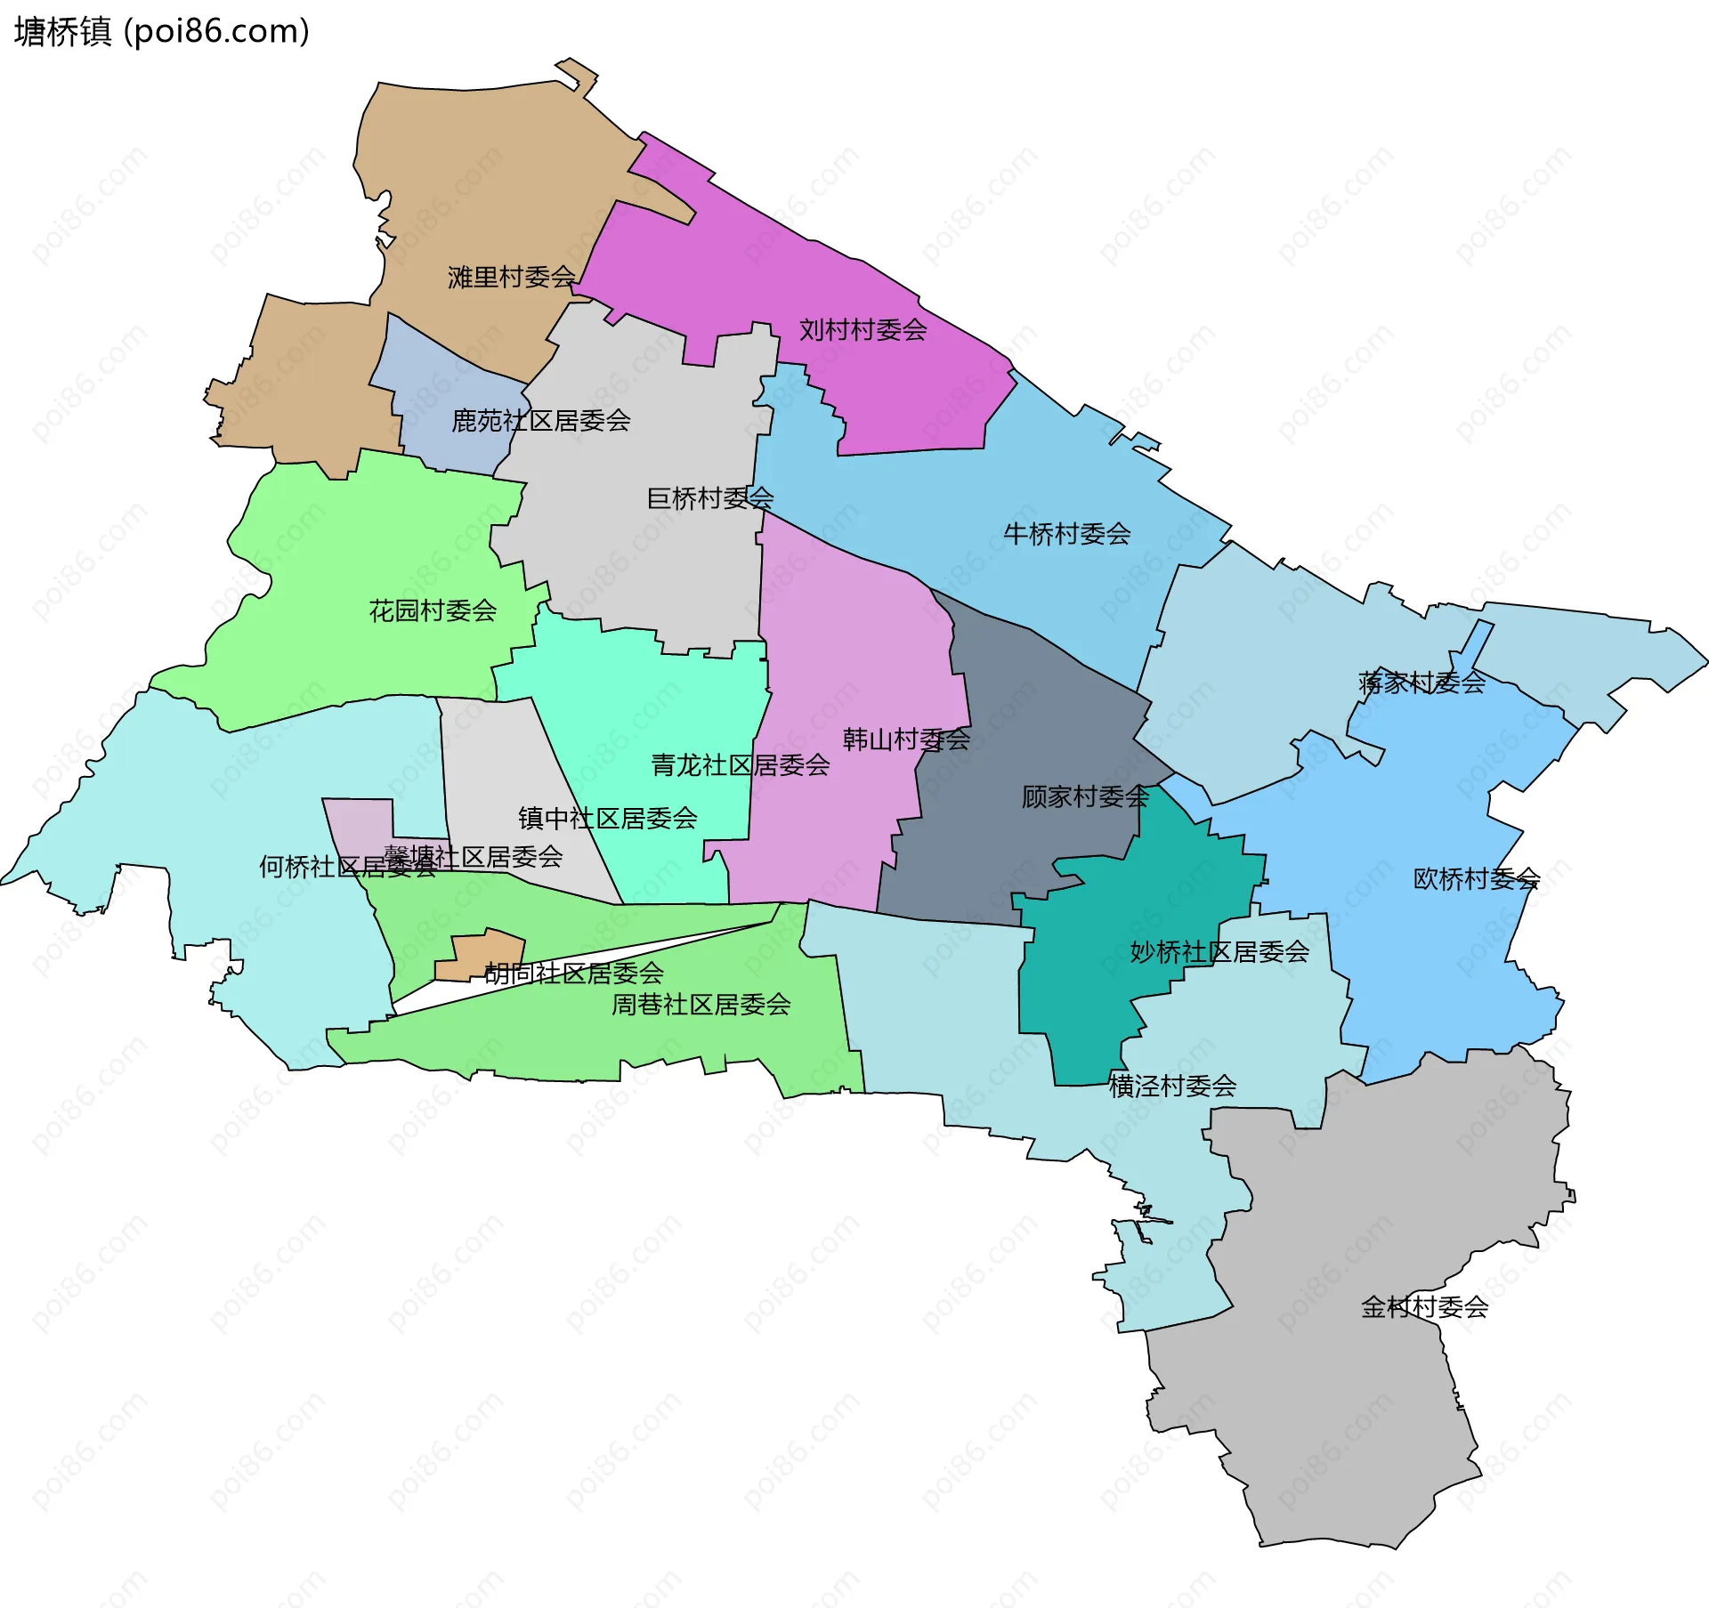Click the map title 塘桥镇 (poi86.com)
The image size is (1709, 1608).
(x=162, y=32)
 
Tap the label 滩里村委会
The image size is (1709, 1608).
(x=511, y=278)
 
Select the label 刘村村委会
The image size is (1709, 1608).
(x=863, y=330)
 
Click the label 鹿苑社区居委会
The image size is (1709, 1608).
(x=540, y=421)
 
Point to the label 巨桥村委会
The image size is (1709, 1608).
(x=709, y=498)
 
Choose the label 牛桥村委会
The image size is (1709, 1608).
(x=1066, y=534)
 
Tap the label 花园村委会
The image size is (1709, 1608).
(x=433, y=610)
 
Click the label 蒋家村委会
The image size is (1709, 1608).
(x=1421, y=683)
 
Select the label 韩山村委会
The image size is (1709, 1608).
(x=906, y=739)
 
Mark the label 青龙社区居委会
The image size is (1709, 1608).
(x=740, y=765)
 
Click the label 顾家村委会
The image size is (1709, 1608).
(x=1085, y=796)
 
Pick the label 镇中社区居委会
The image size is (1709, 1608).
(x=607, y=819)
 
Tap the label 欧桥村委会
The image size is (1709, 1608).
(x=1476, y=879)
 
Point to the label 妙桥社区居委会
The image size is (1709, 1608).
(x=1219, y=952)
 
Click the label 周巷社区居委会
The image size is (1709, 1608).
(x=701, y=1005)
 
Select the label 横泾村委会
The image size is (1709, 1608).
(x=1172, y=1086)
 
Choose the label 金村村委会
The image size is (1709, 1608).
(x=1424, y=1307)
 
